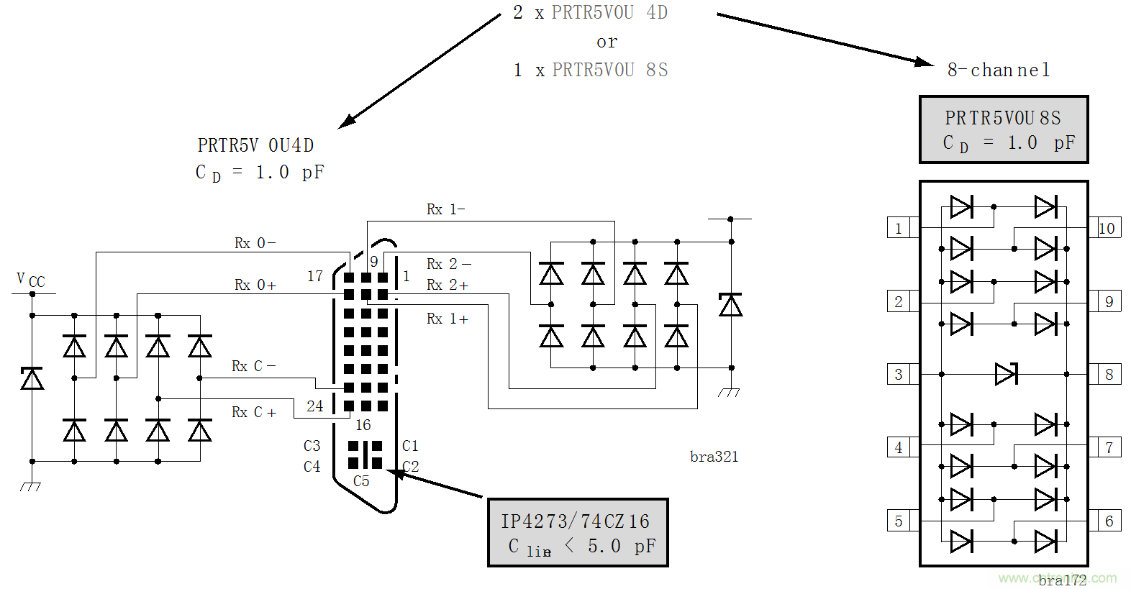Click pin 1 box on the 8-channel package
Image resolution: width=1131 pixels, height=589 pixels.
tap(898, 228)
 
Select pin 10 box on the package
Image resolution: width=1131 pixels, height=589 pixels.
tap(1107, 228)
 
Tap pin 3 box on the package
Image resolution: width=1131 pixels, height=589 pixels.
tap(898, 374)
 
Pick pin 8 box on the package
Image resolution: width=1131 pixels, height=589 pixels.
tap(1109, 374)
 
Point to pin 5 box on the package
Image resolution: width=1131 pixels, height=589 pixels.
tap(898, 521)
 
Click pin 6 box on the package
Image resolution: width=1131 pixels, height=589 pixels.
tap(1109, 521)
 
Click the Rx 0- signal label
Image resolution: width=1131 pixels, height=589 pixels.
tap(255, 243)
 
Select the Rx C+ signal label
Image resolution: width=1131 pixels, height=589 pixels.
tap(253, 412)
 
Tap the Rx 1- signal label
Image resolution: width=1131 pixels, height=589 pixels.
tap(445, 209)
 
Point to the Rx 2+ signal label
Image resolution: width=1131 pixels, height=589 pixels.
tap(447, 285)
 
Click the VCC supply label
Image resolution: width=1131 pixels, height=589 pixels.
tap(30, 280)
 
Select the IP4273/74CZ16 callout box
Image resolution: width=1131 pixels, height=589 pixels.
tap(578, 533)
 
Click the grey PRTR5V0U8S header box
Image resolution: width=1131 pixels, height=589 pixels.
tap(1003, 129)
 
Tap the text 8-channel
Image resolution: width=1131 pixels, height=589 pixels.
tap(999, 70)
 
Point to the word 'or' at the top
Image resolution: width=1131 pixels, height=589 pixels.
tap(607, 42)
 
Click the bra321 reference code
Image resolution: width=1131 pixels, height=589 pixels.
tap(714, 457)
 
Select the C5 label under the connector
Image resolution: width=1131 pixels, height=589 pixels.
tap(361, 481)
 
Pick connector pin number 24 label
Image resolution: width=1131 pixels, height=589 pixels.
tap(314, 406)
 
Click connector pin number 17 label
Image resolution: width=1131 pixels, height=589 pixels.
tap(315, 276)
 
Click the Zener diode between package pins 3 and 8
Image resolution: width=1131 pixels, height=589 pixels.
tap(1005, 374)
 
